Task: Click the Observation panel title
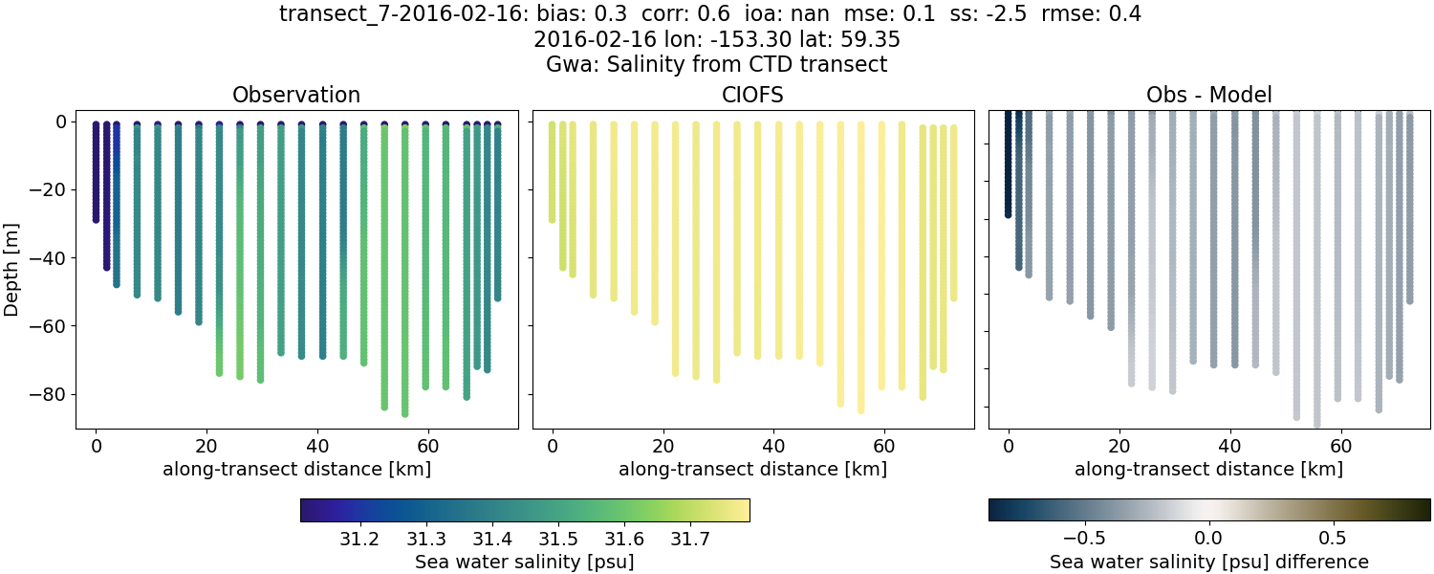click(x=296, y=95)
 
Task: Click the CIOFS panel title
click(x=753, y=95)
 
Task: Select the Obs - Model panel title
click(x=1209, y=95)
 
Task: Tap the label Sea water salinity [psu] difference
click(x=1209, y=562)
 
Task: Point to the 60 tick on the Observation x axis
click(x=427, y=446)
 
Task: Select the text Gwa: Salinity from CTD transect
click(x=717, y=65)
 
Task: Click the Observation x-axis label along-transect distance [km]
click(x=296, y=469)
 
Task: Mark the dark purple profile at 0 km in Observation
click(x=96, y=172)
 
